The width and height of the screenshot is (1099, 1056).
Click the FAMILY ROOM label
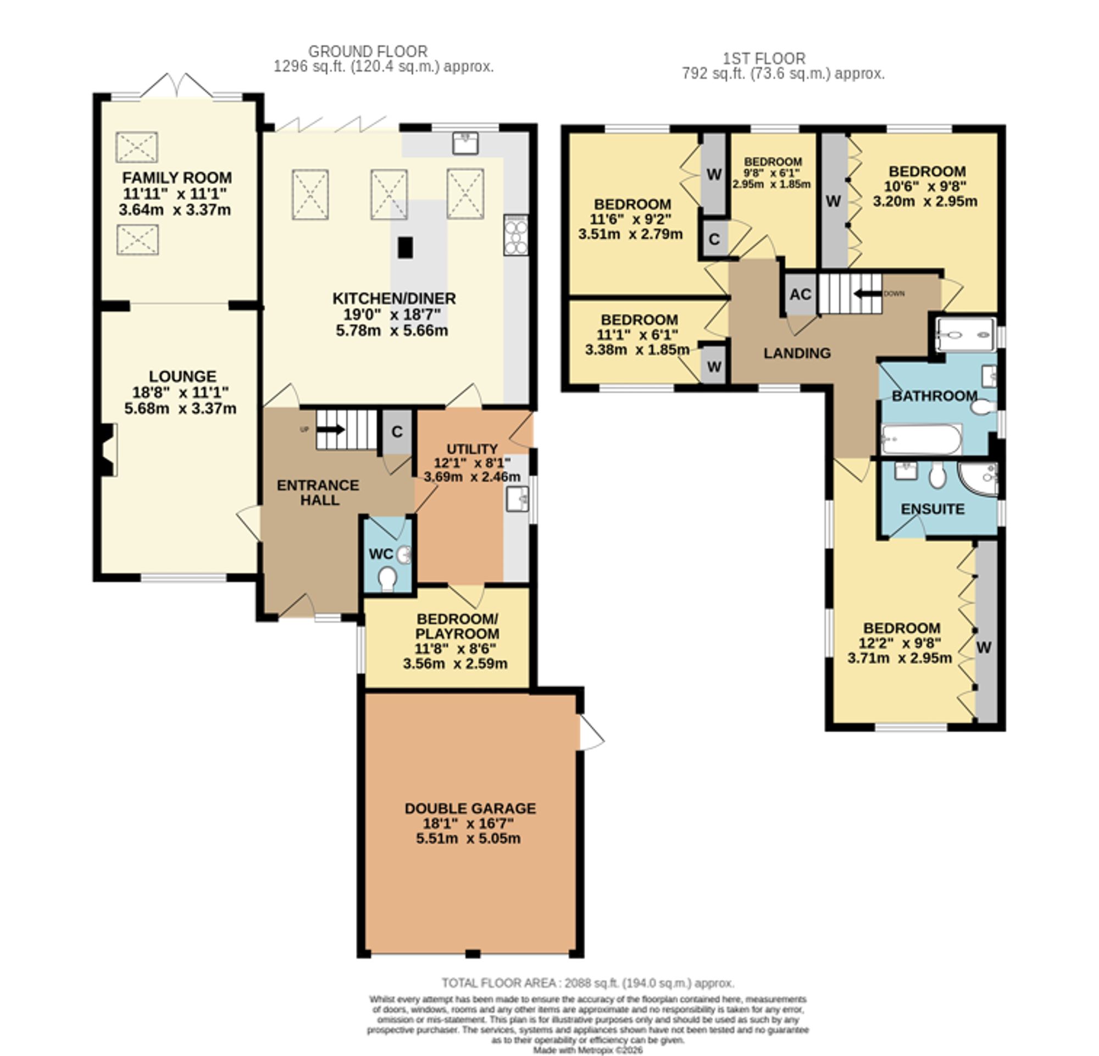tap(176, 178)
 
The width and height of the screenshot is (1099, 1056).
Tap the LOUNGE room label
tap(182, 377)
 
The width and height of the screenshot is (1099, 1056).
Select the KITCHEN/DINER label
tap(394, 298)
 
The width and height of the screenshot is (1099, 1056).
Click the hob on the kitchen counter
tap(515, 235)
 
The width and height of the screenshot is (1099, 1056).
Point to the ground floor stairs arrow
tap(331, 429)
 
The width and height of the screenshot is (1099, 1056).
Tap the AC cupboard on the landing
tap(800, 294)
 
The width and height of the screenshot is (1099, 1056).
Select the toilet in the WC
tap(387, 579)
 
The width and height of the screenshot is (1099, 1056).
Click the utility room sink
tap(517, 499)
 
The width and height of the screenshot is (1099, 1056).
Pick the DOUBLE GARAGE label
tap(470, 808)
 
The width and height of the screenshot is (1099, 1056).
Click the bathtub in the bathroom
tap(922, 439)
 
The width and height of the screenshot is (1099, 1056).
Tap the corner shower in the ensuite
tap(979, 479)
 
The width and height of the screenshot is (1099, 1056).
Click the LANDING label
tap(797, 353)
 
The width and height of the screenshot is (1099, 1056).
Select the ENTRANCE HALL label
tap(318, 493)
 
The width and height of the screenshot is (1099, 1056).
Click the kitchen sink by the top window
tap(465, 143)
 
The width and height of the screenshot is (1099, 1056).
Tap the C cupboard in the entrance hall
tap(397, 432)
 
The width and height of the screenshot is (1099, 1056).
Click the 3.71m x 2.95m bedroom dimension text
tap(900, 658)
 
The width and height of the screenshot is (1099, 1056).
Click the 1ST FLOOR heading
tap(764, 58)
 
